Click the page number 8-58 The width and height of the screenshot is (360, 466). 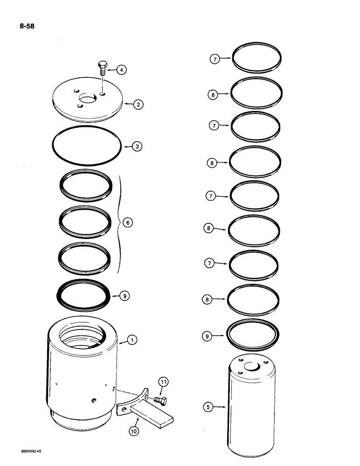coord(27,26)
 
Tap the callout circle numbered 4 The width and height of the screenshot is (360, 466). coord(121,70)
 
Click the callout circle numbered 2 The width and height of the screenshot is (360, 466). coord(138,104)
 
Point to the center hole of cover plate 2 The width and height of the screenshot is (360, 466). coord(88,99)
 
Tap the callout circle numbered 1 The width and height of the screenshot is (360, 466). coord(133,341)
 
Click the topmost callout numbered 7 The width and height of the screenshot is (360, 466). coord(214,59)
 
